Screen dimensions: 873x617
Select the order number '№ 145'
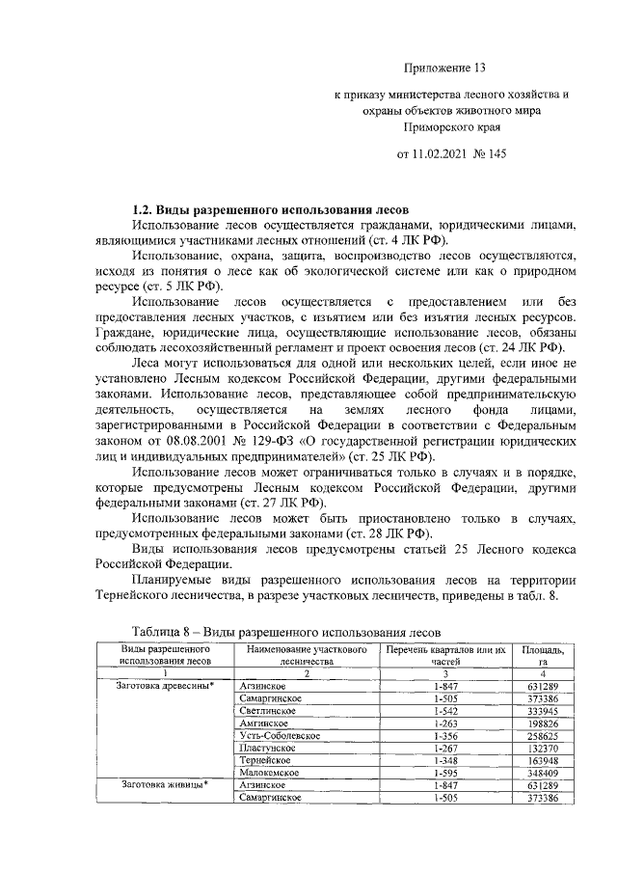click(x=491, y=153)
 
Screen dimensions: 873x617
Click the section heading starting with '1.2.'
click(x=272, y=209)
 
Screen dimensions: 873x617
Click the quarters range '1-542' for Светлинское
click(x=444, y=709)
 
